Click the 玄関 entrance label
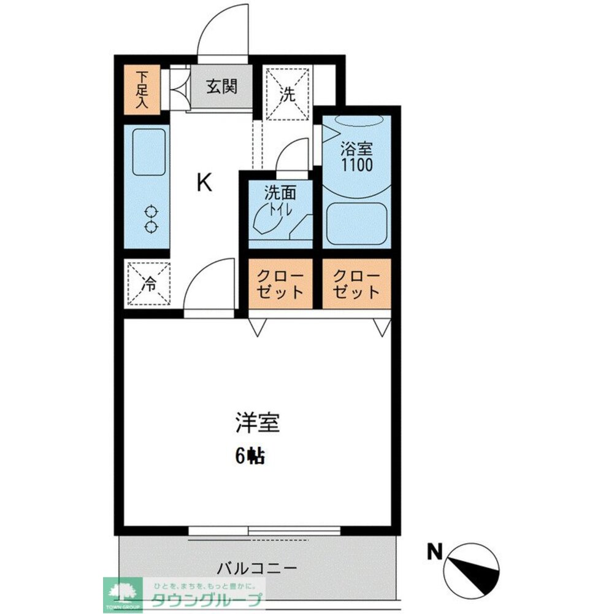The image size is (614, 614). [221, 87]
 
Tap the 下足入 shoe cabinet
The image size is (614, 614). [142, 90]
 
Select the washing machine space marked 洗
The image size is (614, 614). [287, 93]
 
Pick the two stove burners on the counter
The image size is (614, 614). [150, 220]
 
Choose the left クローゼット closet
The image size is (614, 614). [280, 283]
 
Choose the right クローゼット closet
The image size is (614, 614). [356, 283]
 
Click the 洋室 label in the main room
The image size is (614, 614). [257, 423]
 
